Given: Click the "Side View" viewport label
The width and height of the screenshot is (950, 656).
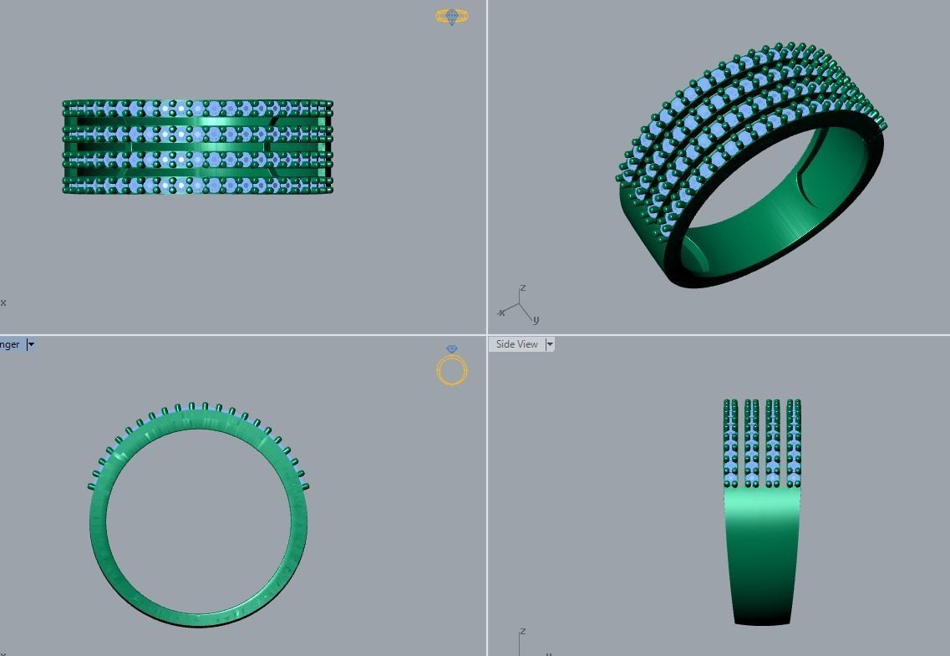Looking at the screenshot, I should [x=516, y=344].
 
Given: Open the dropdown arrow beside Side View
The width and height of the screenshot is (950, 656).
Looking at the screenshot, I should [x=550, y=344].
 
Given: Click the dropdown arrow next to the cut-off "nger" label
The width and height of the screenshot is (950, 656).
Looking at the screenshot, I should [x=31, y=344].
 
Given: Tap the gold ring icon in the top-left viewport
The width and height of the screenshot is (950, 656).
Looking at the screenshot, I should [x=452, y=16].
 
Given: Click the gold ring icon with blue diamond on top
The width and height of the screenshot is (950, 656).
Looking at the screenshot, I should [x=452, y=368].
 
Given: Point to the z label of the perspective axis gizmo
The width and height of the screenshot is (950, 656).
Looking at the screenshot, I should [x=523, y=288].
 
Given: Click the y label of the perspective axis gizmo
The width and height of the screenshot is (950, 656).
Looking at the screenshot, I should [x=536, y=319].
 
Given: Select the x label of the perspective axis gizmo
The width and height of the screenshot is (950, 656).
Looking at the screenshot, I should [x=501, y=313].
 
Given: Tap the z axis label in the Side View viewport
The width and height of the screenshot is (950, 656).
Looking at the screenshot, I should [x=522, y=632].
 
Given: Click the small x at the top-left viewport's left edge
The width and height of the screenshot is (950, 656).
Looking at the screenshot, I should [x=3, y=303].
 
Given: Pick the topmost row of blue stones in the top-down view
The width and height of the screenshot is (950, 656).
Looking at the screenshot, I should [x=198, y=109].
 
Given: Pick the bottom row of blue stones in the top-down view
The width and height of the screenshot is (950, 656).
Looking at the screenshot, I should [x=198, y=182].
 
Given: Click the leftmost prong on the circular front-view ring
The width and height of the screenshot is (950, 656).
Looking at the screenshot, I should [x=92, y=485].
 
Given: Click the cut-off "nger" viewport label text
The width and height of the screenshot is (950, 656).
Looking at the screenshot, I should [x=10, y=344].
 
